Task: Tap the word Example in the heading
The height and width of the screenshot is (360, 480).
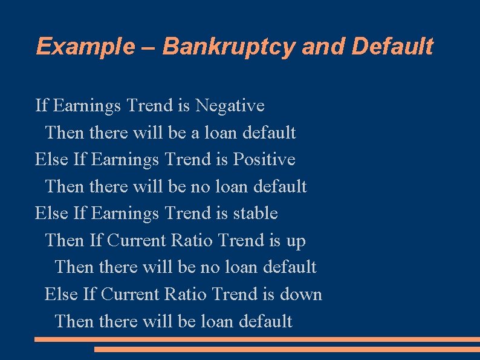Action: [x=84, y=47]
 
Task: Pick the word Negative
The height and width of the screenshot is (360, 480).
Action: [x=230, y=106]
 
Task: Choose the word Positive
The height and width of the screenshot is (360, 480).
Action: [x=264, y=160]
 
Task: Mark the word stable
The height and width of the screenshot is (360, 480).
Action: [x=256, y=214]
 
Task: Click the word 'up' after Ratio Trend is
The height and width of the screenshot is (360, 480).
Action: [x=296, y=241]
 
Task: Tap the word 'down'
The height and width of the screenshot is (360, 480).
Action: [x=301, y=295]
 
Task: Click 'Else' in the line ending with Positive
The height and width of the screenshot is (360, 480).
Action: [x=51, y=160]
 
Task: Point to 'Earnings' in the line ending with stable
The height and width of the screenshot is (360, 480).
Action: [x=125, y=214]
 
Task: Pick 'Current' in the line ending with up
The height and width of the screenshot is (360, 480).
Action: [x=137, y=241]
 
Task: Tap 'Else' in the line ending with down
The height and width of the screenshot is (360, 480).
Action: [x=61, y=295]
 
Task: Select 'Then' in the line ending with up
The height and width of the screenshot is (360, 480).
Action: [x=65, y=241]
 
